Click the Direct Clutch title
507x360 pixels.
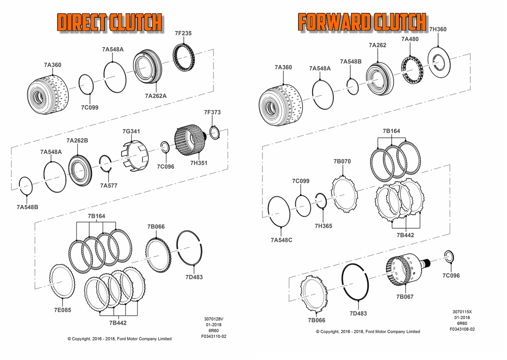[x=110, y=22]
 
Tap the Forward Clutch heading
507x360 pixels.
[x=362, y=22]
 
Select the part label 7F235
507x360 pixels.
[x=183, y=33]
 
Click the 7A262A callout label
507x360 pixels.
[x=155, y=96]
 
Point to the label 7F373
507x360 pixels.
[x=212, y=112]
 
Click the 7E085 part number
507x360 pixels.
[x=62, y=310]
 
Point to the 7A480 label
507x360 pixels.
[x=410, y=39]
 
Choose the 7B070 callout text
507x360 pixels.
[x=342, y=161]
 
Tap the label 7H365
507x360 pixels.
[x=323, y=226]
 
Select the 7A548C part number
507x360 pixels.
[x=281, y=240]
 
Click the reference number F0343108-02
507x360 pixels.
[x=462, y=329]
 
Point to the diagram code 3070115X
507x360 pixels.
[x=462, y=311]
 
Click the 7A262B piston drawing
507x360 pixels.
[x=80, y=170]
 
